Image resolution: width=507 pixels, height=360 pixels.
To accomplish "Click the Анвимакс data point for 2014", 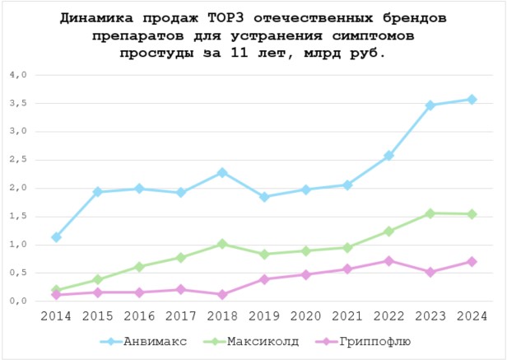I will [x=57, y=237].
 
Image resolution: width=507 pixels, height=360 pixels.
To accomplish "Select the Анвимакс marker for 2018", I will [x=222, y=173].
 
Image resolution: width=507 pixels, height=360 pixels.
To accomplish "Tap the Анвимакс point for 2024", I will [x=472, y=100].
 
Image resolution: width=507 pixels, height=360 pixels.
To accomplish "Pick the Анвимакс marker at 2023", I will [x=430, y=105].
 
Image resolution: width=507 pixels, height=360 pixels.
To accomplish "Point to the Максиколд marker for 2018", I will [x=222, y=244].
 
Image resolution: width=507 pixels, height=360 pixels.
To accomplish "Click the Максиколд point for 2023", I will [x=430, y=213].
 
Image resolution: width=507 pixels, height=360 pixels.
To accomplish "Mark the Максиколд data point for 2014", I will [x=57, y=290].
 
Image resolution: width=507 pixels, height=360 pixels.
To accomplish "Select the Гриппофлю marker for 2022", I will [x=388, y=261].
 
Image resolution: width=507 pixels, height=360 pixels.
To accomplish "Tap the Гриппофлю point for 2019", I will [x=264, y=279].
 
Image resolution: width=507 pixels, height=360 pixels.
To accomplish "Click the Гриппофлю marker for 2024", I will [x=472, y=261].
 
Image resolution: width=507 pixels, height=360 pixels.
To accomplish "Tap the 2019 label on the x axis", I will [x=264, y=316].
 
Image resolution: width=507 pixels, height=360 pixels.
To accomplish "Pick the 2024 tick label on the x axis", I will [x=472, y=316].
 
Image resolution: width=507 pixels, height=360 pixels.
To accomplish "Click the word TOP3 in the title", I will [x=239, y=17].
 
